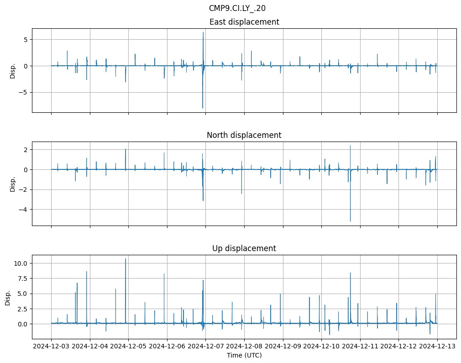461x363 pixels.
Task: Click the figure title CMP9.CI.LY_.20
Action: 237,8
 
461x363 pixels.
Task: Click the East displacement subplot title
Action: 244,22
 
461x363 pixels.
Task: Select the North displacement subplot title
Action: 244,135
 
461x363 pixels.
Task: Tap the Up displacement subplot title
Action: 244,248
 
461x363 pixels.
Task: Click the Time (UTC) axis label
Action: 244,355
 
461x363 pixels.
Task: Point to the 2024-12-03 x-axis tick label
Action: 51,347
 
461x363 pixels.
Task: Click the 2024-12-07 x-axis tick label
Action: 205,347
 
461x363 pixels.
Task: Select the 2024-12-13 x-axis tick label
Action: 437,347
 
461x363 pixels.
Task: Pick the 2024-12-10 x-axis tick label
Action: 321,347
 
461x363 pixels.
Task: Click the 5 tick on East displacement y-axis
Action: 26,40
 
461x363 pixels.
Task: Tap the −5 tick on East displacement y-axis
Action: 25,92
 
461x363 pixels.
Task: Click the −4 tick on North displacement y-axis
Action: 25,209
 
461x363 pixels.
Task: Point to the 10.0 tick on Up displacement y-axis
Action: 23,263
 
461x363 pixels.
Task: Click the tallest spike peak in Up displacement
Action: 126,259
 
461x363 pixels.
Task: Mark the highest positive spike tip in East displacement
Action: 203,32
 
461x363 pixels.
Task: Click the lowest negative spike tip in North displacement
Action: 351,221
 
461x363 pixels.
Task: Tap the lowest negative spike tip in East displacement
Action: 203,108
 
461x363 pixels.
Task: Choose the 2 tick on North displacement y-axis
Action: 26,150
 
